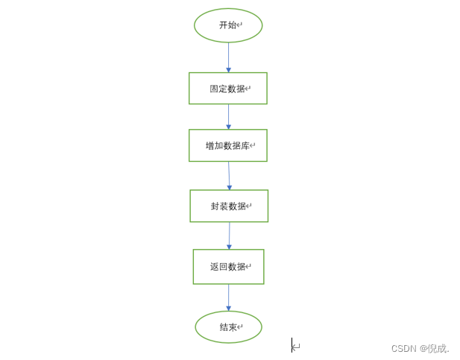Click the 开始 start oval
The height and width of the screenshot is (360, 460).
tap(228, 25)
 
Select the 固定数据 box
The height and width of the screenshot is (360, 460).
tap(227, 88)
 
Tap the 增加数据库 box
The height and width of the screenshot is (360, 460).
tap(227, 145)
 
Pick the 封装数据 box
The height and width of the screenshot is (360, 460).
tap(228, 206)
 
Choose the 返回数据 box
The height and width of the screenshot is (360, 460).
tap(228, 266)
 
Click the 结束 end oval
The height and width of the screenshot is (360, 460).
tap(228, 327)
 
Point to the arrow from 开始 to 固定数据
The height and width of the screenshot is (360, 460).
tap(228, 57)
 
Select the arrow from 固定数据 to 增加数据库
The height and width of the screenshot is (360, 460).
tap(228, 116)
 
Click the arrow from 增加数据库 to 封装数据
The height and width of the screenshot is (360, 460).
tap(229, 175)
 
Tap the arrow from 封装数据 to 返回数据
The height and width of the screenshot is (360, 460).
tap(229, 236)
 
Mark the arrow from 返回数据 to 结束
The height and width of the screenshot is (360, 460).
tap(228, 297)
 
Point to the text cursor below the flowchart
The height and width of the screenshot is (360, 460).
tap(292, 345)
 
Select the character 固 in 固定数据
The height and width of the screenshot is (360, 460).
tap(214, 89)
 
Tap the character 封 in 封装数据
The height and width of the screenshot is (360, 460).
tap(215, 206)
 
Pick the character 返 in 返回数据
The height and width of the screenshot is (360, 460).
tap(215, 267)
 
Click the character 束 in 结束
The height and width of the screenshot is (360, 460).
tap(233, 328)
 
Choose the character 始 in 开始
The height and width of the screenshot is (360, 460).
tap(233, 25)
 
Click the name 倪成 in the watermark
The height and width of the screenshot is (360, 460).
tap(437, 348)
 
